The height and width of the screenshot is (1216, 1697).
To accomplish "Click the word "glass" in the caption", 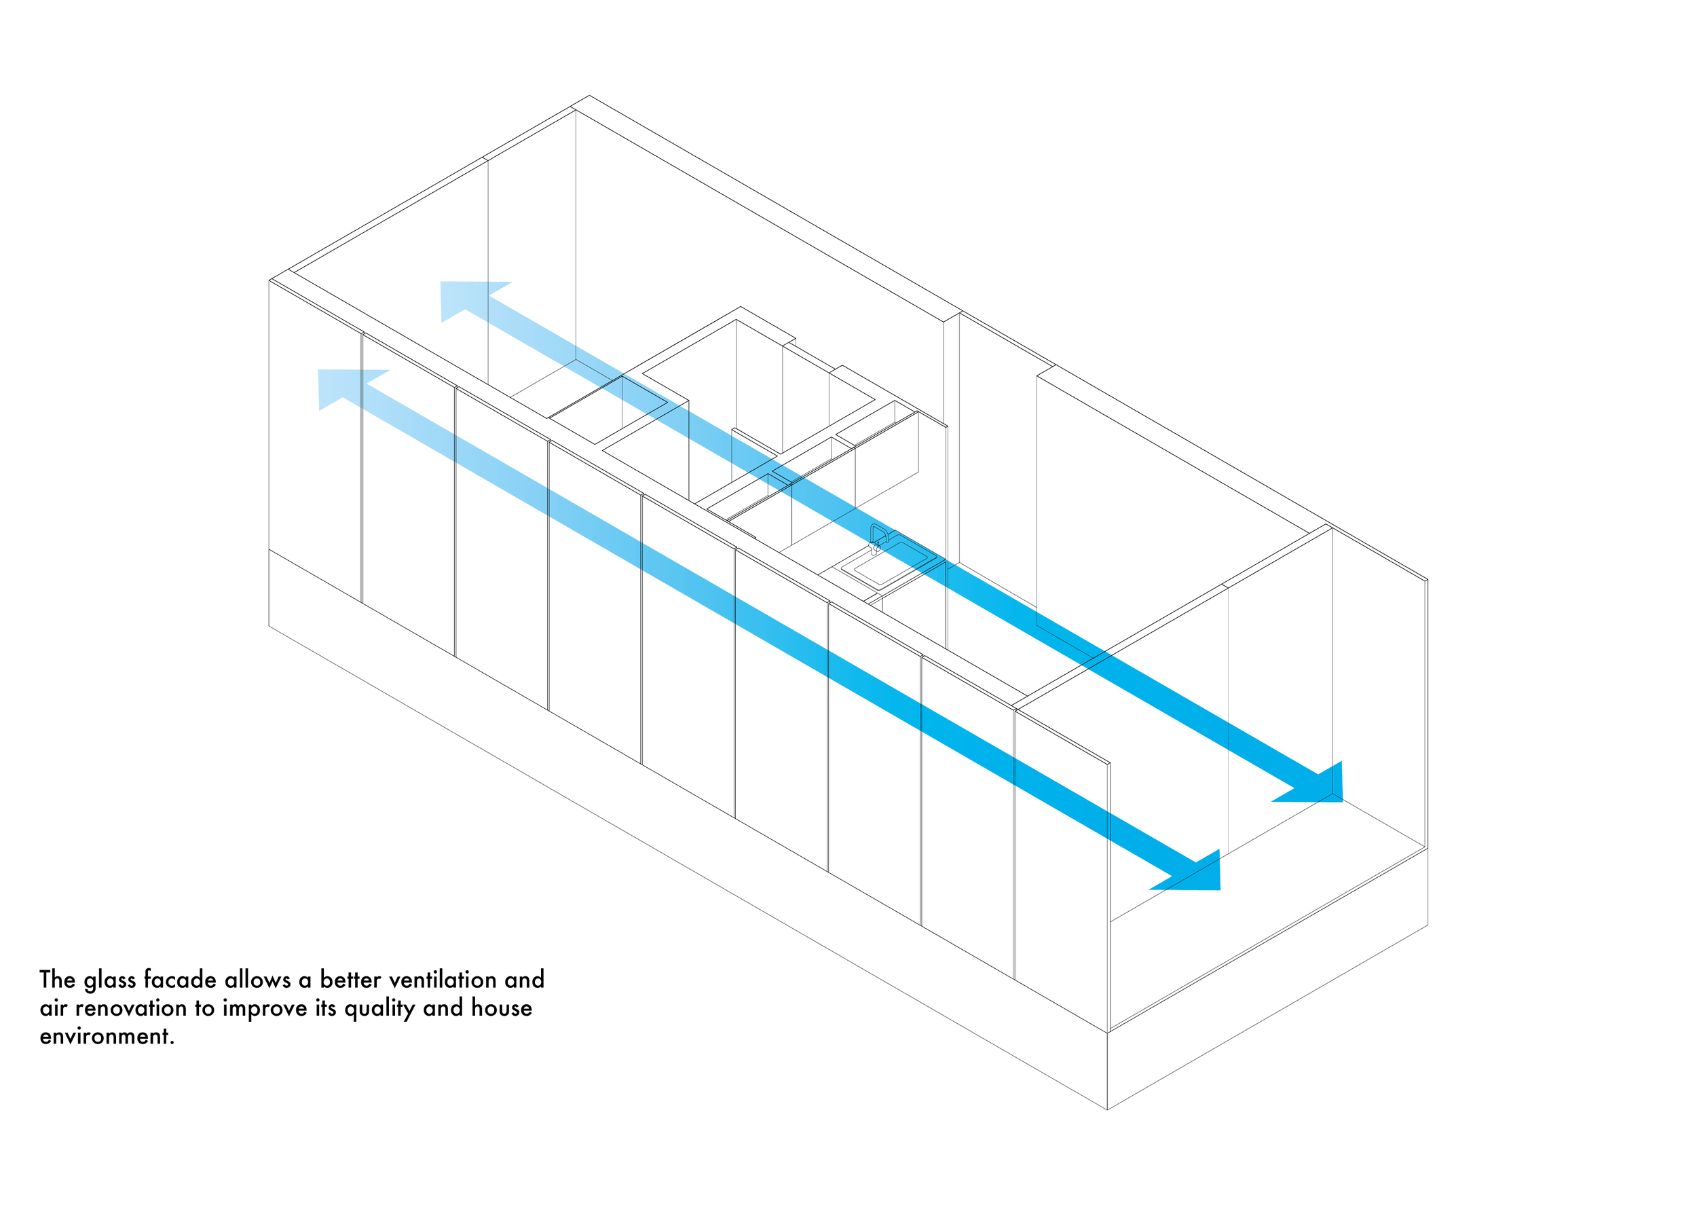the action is [110, 981].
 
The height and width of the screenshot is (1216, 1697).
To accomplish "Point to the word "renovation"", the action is [131, 1009].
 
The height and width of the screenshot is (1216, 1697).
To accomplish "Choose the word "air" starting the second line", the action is [53, 1009].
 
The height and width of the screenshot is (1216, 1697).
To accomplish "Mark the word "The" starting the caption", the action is [57, 980].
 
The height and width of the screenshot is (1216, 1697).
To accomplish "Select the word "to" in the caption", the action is [205, 1009].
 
